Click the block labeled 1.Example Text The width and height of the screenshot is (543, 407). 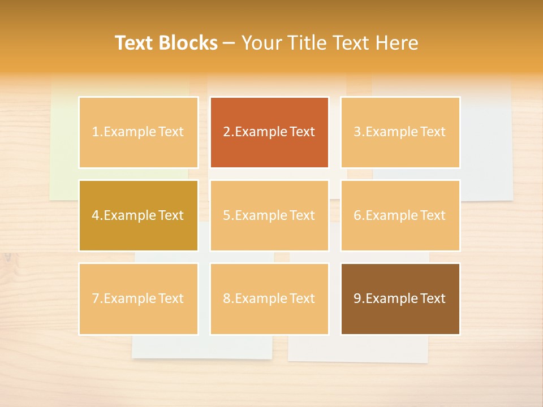[138, 132]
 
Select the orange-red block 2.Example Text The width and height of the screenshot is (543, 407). [269, 132]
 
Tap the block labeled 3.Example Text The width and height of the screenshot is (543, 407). [400, 132]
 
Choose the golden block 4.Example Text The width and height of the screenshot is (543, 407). [138, 215]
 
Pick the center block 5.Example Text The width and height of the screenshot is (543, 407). [269, 215]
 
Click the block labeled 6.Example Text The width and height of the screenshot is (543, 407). [400, 215]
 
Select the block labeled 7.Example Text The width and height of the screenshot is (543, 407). [138, 298]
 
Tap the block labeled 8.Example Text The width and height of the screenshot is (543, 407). [269, 298]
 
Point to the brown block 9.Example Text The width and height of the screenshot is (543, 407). [400, 298]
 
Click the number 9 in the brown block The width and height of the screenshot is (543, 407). [357, 298]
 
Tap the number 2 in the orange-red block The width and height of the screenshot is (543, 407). [227, 132]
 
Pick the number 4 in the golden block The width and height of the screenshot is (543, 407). [96, 215]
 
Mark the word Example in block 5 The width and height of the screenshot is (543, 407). [261, 215]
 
